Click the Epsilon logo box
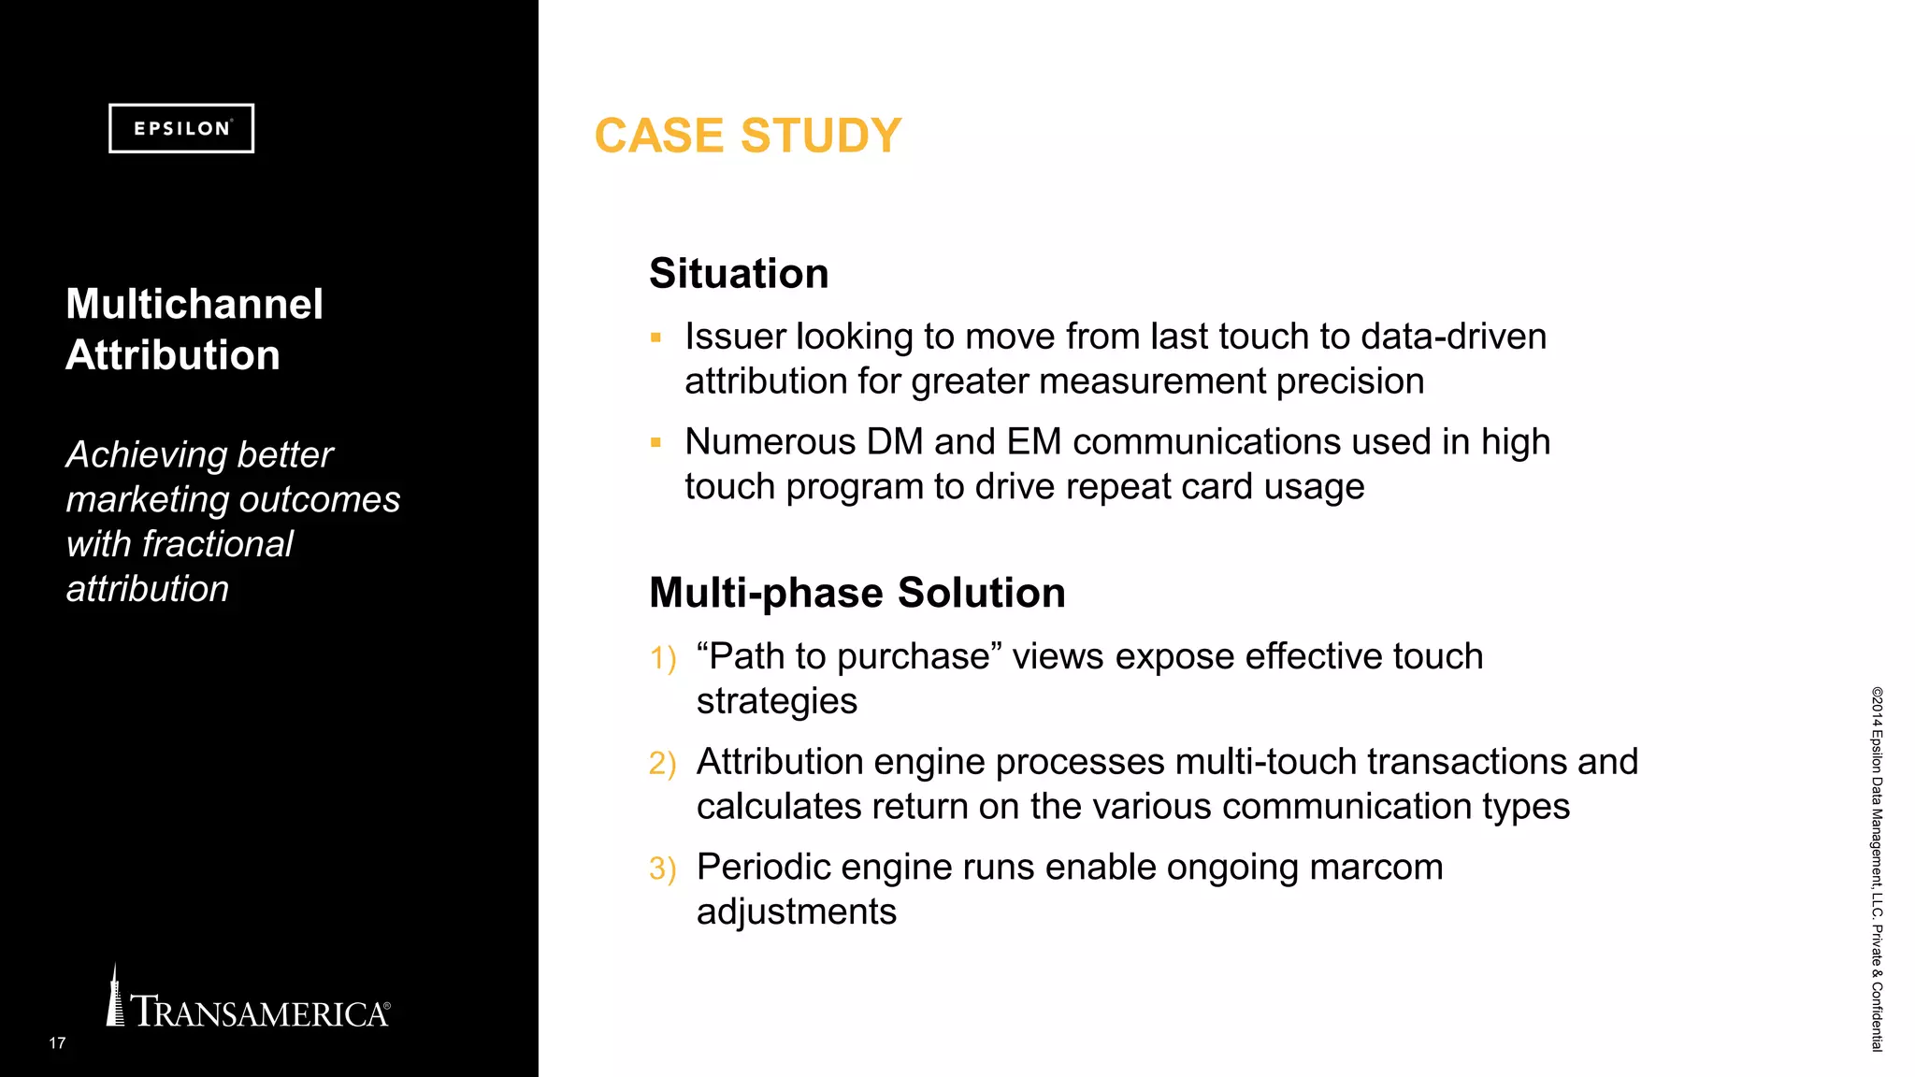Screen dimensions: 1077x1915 180,128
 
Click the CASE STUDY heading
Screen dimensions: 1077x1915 747,136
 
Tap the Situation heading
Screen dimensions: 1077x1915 739,274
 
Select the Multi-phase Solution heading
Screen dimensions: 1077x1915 857,593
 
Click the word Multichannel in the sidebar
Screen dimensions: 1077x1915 194,304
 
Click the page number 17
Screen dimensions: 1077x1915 57,1042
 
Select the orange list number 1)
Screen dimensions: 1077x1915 662,658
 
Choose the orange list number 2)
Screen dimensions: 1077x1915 662,764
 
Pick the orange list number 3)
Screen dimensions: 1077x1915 662,869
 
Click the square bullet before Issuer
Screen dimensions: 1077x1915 655,337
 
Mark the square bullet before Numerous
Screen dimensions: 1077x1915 655,443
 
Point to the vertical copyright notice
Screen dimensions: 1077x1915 1877,869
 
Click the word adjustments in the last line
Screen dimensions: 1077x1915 796,912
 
